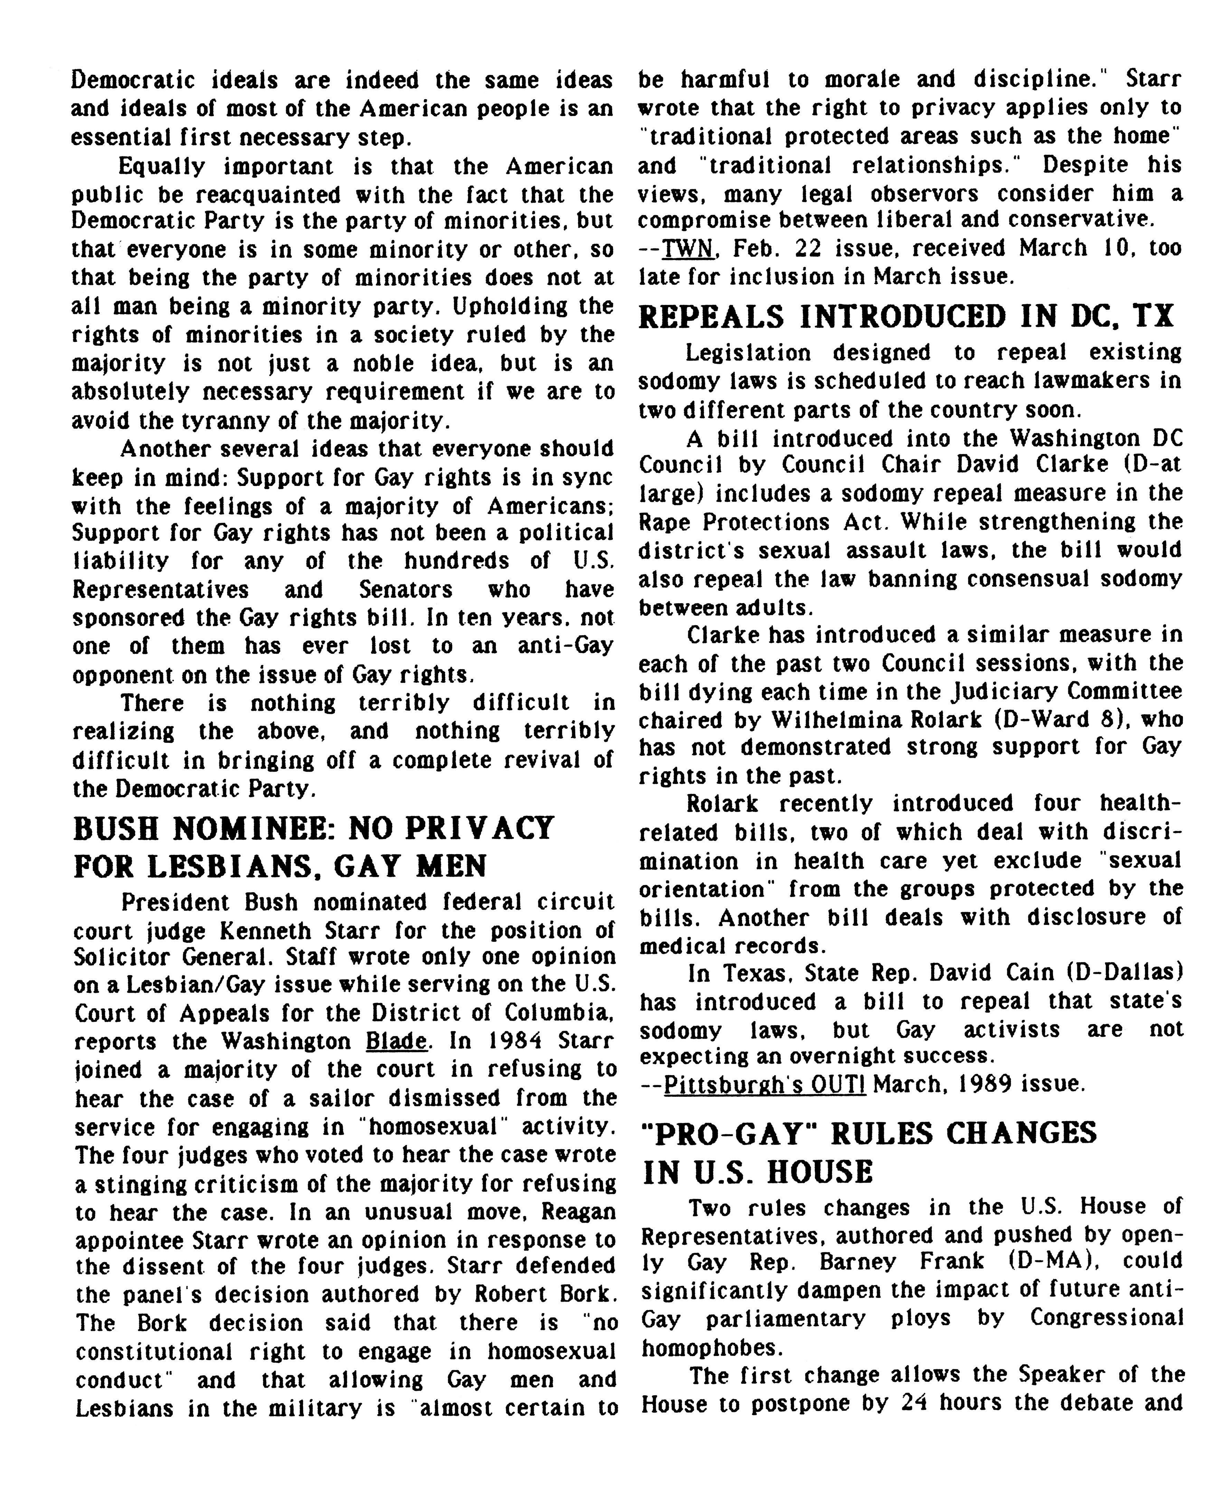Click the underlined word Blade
point(397,1041)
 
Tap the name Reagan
point(578,1211)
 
